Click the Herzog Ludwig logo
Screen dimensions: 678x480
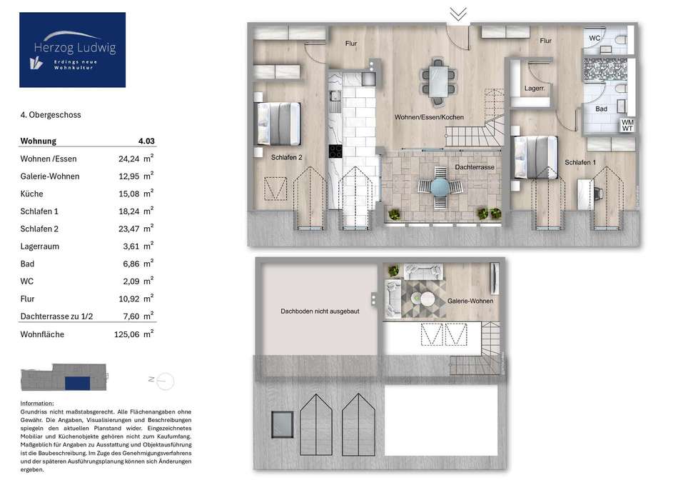(x=72, y=50)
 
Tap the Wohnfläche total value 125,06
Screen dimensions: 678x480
(x=127, y=334)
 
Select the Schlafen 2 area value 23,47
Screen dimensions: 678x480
(x=129, y=229)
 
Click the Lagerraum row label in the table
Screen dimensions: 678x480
(x=40, y=246)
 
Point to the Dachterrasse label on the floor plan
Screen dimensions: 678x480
(x=475, y=167)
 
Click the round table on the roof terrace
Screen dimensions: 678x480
(x=440, y=187)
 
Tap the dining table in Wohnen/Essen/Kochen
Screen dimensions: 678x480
(x=439, y=82)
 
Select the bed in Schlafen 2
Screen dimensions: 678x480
(x=278, y=124)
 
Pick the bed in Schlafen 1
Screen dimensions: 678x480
(x=535, y=157)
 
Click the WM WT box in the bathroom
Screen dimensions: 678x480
(x=627, y=126)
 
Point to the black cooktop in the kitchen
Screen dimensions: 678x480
(x=335, y=151)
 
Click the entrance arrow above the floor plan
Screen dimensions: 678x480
(x=458, y=14)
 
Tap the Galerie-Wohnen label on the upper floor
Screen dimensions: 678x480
(x=470, y=301)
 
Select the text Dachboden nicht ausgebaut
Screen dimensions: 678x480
(x=320, y=311)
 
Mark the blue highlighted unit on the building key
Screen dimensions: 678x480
(x=77, y=383)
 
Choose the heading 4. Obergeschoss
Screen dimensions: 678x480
(x=51, y=115)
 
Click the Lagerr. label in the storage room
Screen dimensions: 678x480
(x=535, y=89)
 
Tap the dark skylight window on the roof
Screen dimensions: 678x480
(x=283, y=424)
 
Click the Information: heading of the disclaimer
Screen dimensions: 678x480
(x=37, y=403)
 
